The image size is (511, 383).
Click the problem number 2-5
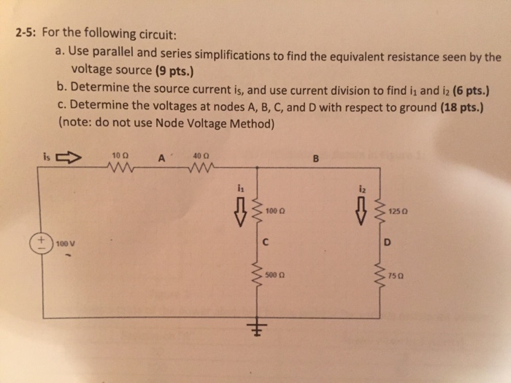coord(26,33)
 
